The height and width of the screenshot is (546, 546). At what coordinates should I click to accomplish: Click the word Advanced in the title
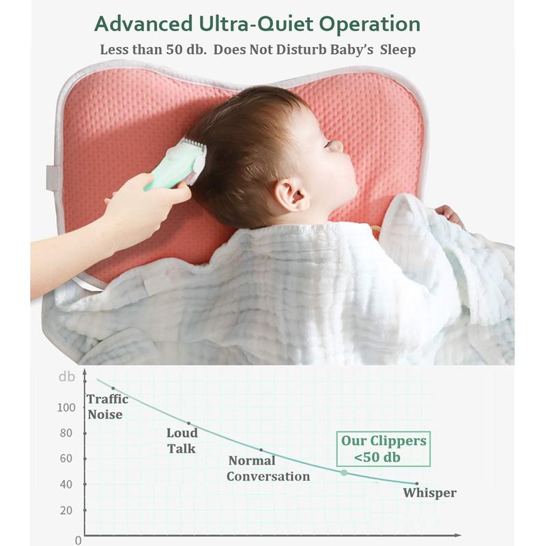143,24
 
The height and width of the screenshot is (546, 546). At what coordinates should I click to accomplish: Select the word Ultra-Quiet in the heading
255,25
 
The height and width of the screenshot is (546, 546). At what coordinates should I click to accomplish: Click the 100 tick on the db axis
66,407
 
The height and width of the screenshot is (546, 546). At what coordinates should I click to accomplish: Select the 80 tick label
66,433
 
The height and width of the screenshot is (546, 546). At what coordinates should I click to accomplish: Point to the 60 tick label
66,458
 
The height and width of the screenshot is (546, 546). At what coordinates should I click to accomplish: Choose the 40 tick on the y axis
66,484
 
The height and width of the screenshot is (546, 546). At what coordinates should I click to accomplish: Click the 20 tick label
66,510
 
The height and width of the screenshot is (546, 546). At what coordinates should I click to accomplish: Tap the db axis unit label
67,377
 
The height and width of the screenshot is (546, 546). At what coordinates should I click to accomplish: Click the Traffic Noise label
108,407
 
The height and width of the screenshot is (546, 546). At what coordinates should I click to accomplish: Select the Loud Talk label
182,440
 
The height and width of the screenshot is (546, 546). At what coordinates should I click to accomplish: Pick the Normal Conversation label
268,468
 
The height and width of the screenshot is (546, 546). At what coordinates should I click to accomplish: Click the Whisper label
430,493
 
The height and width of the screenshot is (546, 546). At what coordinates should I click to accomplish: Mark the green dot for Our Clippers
344,472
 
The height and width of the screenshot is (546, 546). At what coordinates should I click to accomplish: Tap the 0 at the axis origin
78,541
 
